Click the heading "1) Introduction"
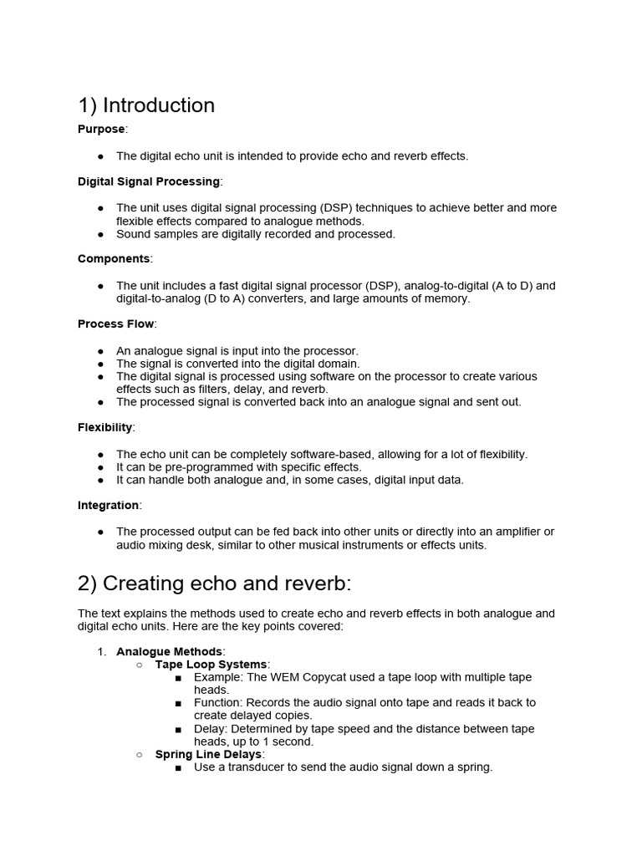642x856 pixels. coord(146,105)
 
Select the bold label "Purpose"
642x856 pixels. coord(101,130)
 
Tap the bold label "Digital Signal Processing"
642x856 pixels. coord(149,181)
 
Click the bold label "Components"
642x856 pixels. coord(114,259)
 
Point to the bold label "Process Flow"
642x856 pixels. coord(116,324)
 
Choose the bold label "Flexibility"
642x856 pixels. coord(105,428)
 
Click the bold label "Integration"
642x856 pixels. coord(109,506)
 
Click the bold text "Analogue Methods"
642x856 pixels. coord(170,651)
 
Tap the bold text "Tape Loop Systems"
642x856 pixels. coord(211,665)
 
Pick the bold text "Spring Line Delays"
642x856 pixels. coord(208,754)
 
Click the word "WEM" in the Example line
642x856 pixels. coord(285,677)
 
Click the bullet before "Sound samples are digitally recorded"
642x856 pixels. coord(101,234)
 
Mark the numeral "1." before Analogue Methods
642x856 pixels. coord(102,651)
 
